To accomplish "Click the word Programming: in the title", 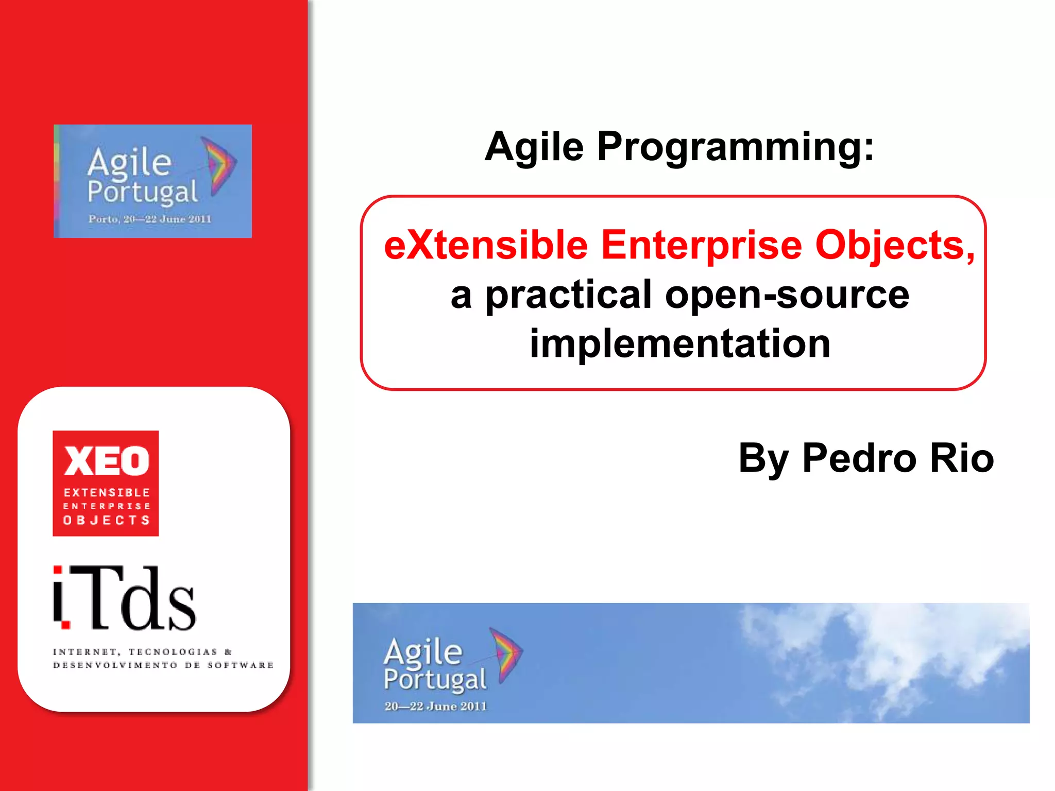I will (x=735, y=148).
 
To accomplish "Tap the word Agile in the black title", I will (x=534, y=148).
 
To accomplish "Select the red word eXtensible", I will (x=486, y=245).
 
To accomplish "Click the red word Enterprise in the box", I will (x=702, y=245).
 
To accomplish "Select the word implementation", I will (x=680, y=343).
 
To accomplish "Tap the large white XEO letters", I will (x=106, y=461).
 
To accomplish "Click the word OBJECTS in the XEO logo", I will (x=106, y=520).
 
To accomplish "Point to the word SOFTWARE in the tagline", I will (x=241, y=665).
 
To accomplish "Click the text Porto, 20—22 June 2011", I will (x=150, y=219).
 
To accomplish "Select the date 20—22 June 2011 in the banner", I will (x=435, y=706).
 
